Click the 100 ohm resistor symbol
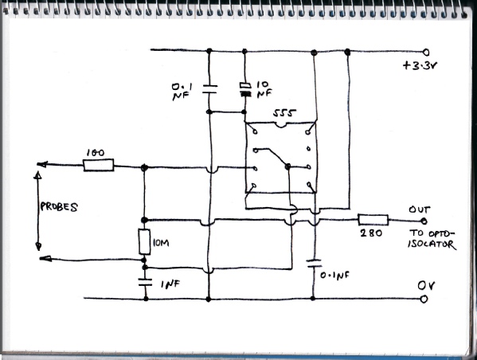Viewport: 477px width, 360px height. coord(99,165)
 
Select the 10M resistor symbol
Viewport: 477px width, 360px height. coord(144,242)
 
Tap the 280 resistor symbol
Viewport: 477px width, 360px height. coord(373,220)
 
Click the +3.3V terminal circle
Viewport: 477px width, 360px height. coord(426,53)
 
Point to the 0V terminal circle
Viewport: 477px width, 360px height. coord(424,299)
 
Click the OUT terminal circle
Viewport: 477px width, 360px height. coord(424,221)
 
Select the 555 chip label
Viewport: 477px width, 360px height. coord(284,113)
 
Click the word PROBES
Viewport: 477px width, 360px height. coord(59,207)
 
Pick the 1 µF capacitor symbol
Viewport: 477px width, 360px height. coord(145,283)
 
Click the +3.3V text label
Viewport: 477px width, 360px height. coord(420,66)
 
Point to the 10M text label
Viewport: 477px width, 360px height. coord(161,243)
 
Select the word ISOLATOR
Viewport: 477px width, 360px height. coord(432,245)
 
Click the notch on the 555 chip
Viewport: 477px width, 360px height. coord(280,125)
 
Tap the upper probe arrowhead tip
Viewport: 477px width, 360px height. coord(37,165)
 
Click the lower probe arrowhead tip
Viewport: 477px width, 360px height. coord(40,259)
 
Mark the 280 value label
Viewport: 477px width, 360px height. coord(371,233)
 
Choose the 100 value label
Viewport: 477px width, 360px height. coord(96,153)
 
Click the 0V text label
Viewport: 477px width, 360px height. coord(426,286)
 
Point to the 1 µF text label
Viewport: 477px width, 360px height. coord(170,284)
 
